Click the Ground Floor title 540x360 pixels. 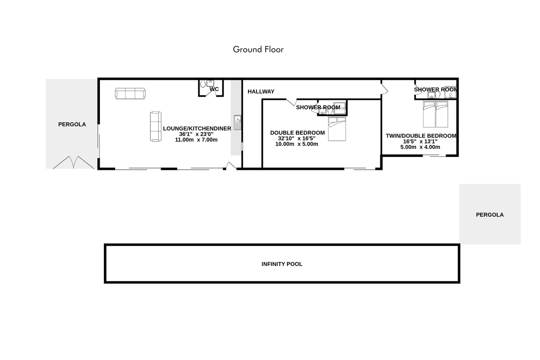(x=258, y=49)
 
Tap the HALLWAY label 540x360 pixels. (x=261, y=92)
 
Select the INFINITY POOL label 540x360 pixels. (x=282, y=264)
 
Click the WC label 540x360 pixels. (x=214, y=89)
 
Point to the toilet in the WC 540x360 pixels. (x=203, y=84)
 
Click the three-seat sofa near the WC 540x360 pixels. (x=130, y=94)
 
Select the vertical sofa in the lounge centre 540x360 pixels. (x=156, y=126)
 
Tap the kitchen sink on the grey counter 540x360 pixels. (x=238, y=122)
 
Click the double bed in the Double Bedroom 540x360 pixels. (x=337, y=129)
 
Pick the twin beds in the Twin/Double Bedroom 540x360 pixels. (x=436, y=114)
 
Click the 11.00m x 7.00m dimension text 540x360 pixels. (x=196, y=140)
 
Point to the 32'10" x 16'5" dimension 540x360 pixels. (x=297, y=139)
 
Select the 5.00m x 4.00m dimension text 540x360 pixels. (x=420, y=147)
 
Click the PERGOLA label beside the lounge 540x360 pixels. (x=72, y=124)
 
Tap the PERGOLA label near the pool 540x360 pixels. (x=490, y=215)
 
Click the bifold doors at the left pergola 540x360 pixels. (x=73, y=162)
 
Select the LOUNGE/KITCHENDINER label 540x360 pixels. (x=197, y=129)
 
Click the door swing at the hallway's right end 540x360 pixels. (x=385, y=87)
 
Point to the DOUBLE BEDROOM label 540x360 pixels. (x=297, y=133)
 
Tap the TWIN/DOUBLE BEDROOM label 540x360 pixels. (x=421, y=136)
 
